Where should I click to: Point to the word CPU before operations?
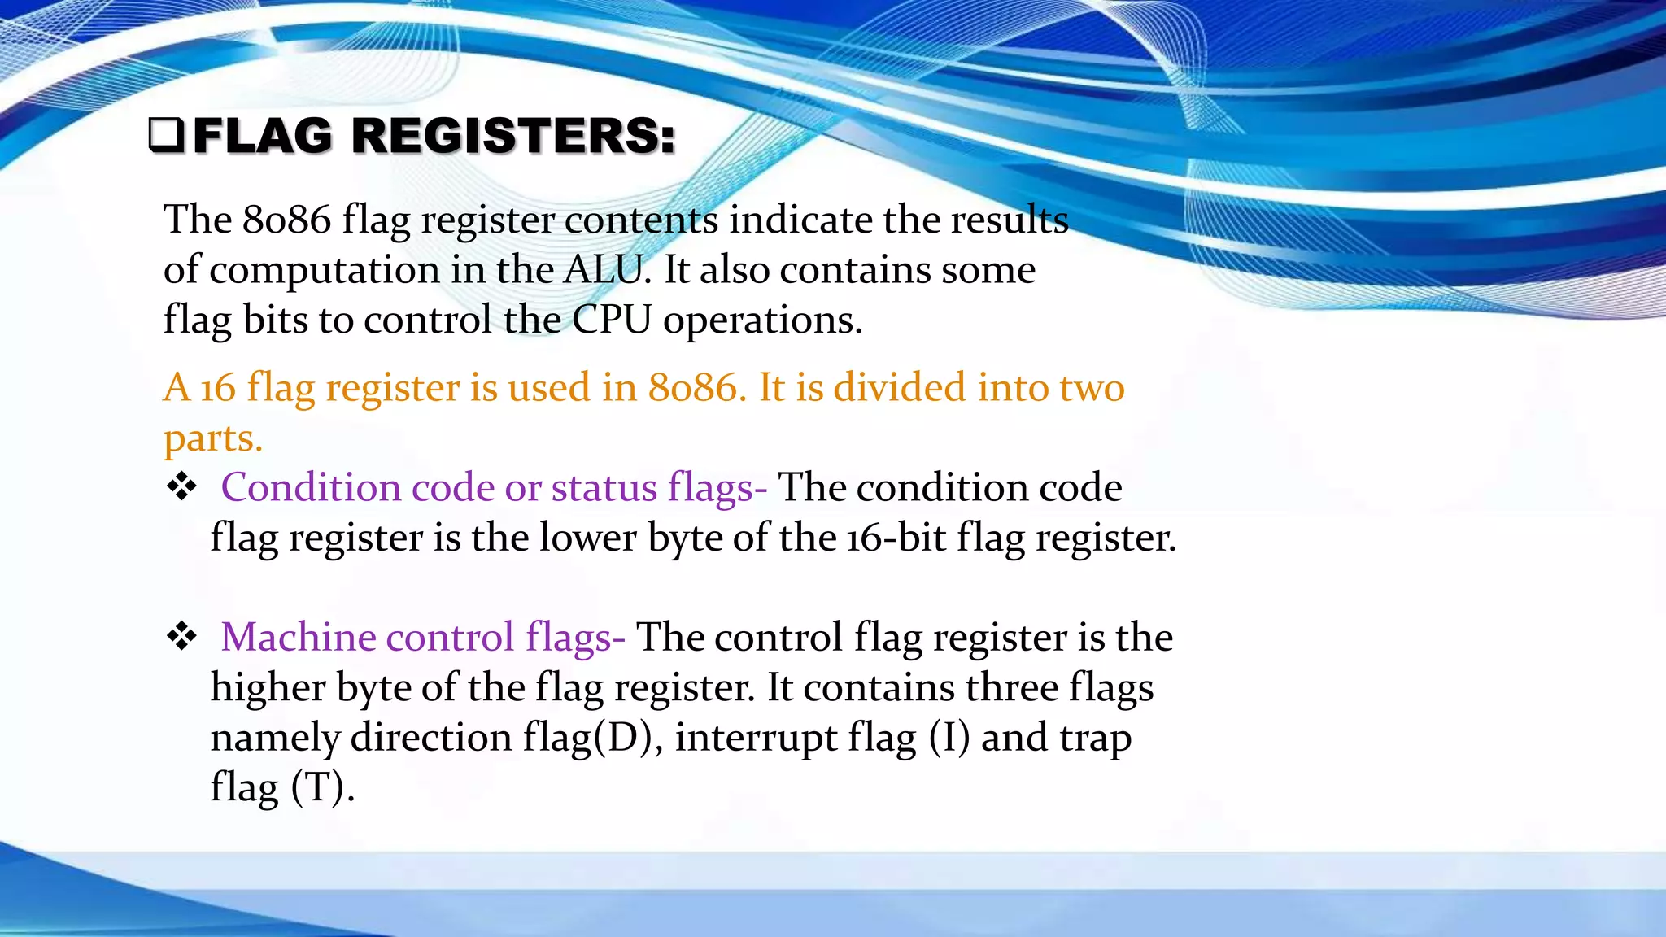pyautogui.click(x=612, y=320)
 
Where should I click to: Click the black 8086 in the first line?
pyautogui.click(x=286, y=220)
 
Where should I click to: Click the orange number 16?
pyautogui.click(x=218, y=388)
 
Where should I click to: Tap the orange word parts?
pyautogui.click(x=213, y=439)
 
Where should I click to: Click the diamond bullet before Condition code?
pyautogui.click(x=181, y=487)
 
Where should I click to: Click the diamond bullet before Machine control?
pyautogui.click(x=181, y=637)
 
